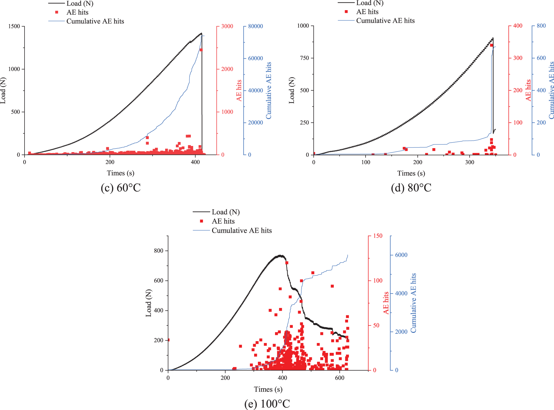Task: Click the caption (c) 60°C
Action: click(x=121, y=188)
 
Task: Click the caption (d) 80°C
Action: click(x=411, y=188)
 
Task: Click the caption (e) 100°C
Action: click(x=267, y=404)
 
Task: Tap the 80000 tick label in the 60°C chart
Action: click(x=255, y=26)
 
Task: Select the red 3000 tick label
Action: click(x=227, y=26)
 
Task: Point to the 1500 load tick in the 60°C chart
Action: click(x=14, y=26)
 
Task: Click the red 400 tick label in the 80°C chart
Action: click(x=518, y=26)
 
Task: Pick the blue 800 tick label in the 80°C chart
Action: click(x=541, y=26)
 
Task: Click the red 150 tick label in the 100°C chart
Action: click(x=378, y=236)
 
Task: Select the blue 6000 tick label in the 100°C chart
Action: click(x=401, y=255)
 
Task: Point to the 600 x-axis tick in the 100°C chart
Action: click(x=340, y=378)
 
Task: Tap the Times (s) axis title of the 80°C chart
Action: click(x=411, y=173)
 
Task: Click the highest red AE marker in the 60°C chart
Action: click(x=201, y=50)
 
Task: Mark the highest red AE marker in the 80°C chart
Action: click(x=491, y=45)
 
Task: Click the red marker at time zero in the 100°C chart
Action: click(x=168, y=340)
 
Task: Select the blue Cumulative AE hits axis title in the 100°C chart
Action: click(x=413, y=303)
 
